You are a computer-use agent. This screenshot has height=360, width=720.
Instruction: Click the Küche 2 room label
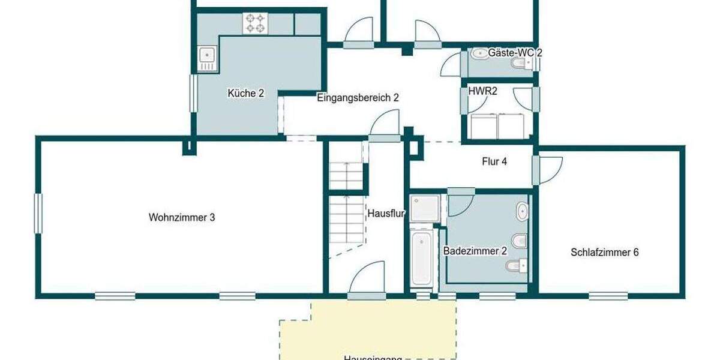pos(246,93)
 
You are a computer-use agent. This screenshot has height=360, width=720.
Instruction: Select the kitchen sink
pos(207,59)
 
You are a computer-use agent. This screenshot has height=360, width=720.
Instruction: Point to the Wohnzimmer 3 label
pos(182,218)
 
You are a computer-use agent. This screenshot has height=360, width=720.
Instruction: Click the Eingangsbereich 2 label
pos(358,97)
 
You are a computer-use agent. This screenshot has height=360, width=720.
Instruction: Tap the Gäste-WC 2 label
pos(515,53)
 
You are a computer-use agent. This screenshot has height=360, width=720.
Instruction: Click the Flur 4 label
pos(495,161)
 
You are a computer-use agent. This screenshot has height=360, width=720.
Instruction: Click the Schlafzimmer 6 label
pos(604,253)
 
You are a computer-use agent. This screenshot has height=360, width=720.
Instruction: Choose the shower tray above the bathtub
pos(425,207)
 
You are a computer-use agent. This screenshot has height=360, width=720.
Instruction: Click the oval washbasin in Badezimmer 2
pos(523,211)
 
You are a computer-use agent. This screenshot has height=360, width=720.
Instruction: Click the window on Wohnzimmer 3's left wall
pos(38,213)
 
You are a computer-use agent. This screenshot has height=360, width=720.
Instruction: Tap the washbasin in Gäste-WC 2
pos(480,54)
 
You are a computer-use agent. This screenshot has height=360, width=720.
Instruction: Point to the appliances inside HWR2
pos(497,125)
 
